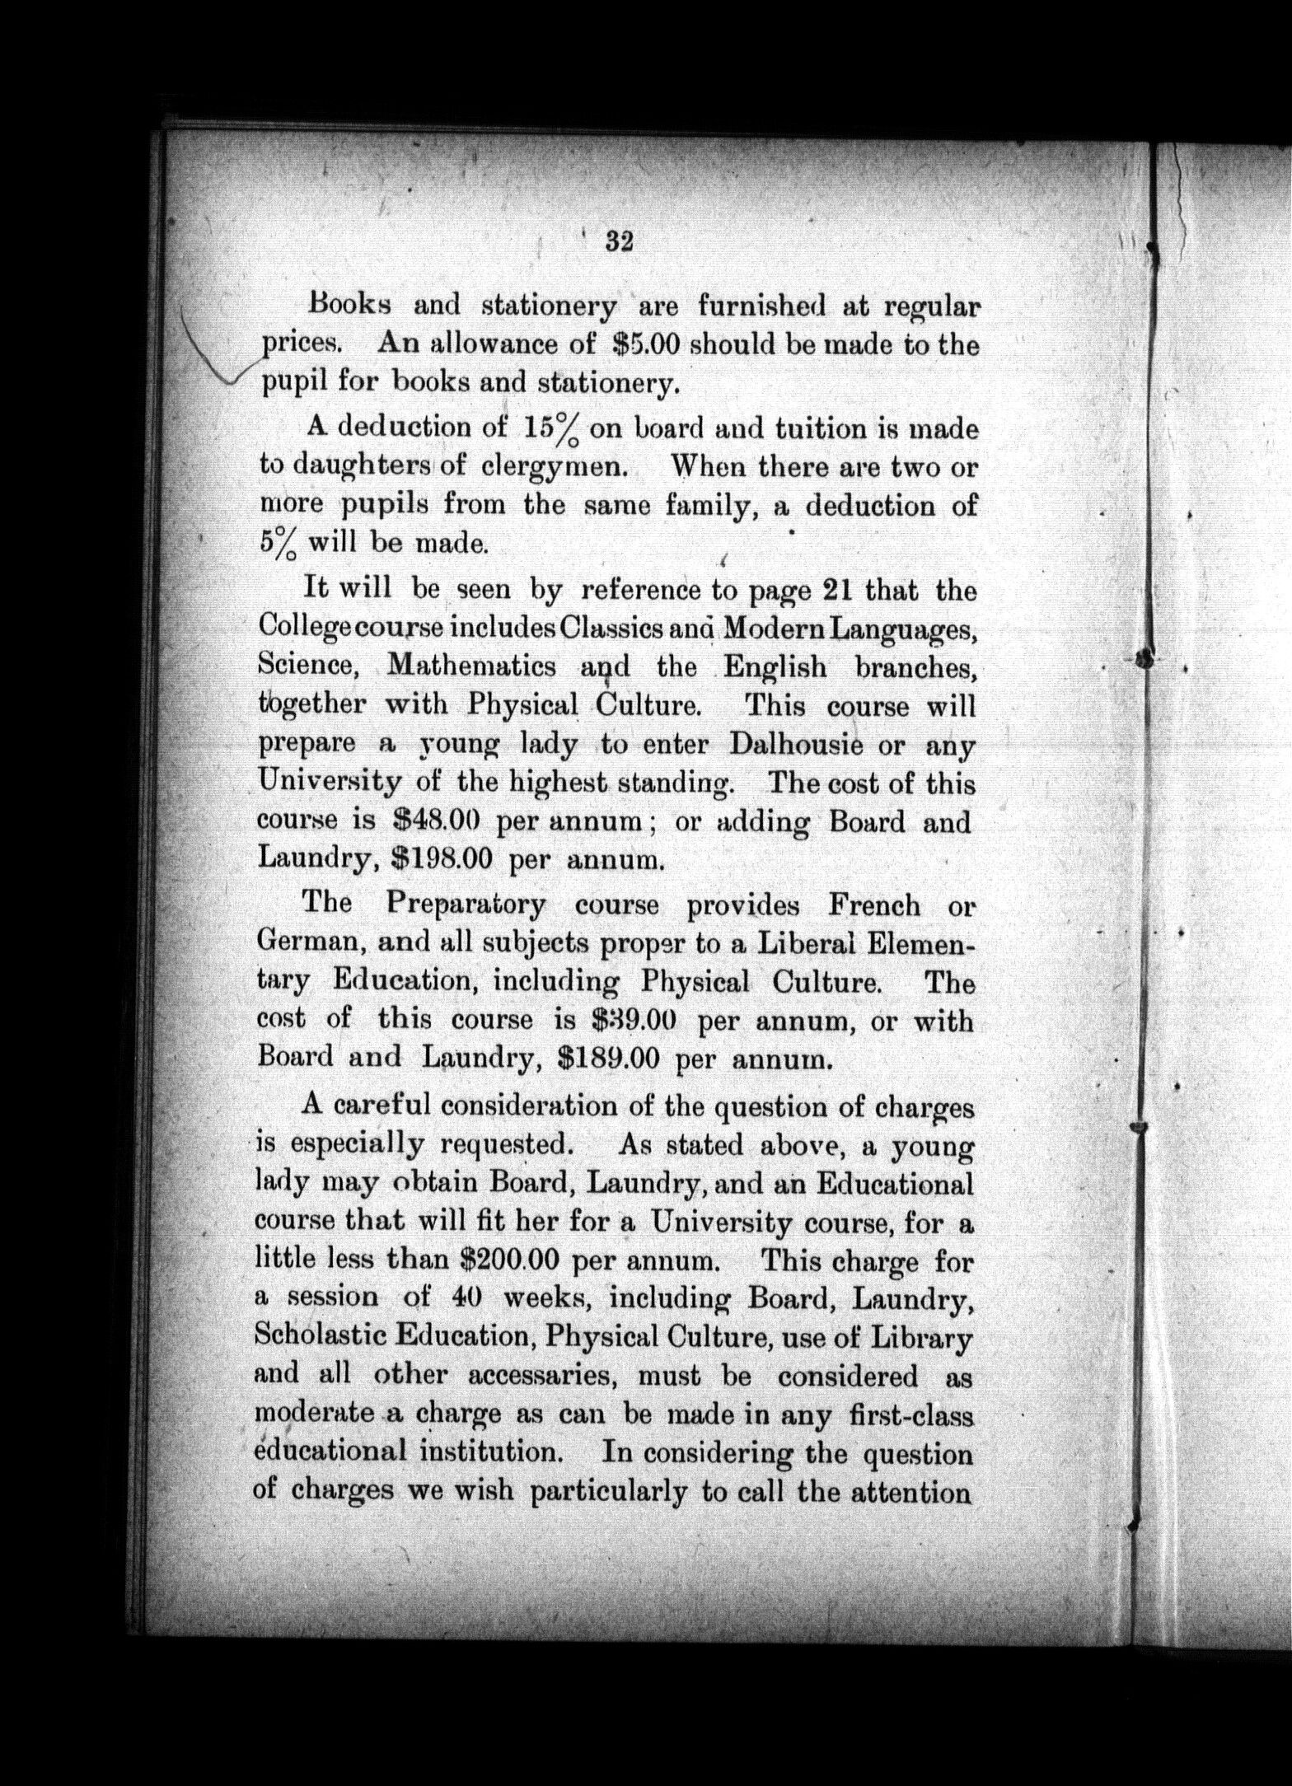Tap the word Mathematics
point(471,666)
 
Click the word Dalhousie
point(796,745)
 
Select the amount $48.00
point(433,821)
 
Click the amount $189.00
point(609,1057)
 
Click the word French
point(874,905)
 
